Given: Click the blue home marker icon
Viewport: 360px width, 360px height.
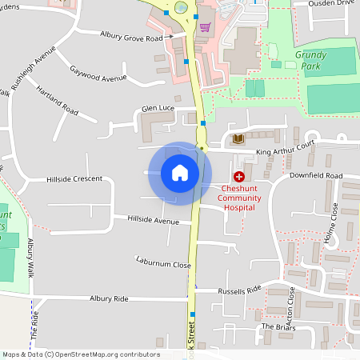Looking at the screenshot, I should [x=180, y=173].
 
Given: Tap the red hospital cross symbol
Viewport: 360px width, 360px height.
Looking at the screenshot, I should [x=238, y=176].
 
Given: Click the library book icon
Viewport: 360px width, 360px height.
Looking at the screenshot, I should [x=238, y=138].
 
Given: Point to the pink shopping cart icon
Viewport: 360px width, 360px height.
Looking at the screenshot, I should [x=205, y=27].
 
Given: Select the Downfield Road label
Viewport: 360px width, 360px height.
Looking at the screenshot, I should [x=316, y=175].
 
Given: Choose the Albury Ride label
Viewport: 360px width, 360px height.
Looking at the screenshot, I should [x=109, y=298].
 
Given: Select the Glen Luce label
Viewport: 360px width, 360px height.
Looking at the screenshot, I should [x=158, y=107].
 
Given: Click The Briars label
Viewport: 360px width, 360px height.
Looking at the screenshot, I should [x=278, y=327].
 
